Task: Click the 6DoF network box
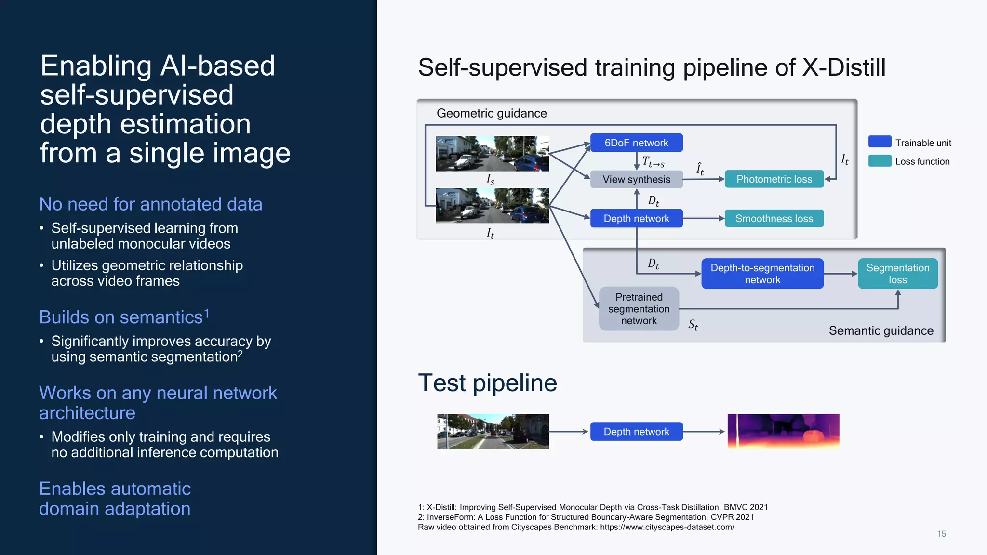(636, 143)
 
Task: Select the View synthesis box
(636, 179)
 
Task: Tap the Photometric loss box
(774, 179)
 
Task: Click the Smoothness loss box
(774, 218)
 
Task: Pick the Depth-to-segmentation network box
(762, 274)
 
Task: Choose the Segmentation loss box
(897, 274)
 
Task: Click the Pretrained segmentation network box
(639, 309)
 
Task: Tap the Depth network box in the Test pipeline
(636, 432)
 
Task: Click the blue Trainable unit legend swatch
(880, 142)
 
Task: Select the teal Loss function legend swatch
(880, 161)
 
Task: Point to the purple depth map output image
(783, 431)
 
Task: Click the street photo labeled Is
(492, 153)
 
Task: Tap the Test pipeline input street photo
(493, 431)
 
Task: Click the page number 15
(941, 534)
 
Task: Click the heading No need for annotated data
(150, 204)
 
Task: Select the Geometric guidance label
(492, 113)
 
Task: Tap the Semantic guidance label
(881, 330)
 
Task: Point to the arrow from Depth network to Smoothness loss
(704, 218)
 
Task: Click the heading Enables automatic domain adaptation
(115, 499)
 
